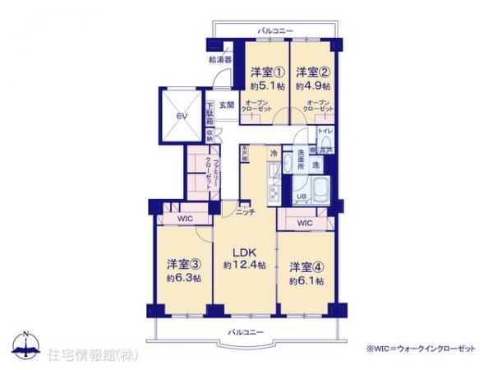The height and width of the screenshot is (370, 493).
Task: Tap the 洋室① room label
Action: click(x=266, y=72)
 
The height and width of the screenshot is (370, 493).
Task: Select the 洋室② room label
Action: click(x=312, y=72)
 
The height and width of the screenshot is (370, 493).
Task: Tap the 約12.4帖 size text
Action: click(x=244, y=265)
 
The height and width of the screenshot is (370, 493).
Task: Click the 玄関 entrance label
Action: click(x=227, y=105)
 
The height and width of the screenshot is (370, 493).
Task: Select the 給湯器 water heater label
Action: click(x=219, y=59)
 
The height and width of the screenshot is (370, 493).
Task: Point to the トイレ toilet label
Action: click(x=325, y=131)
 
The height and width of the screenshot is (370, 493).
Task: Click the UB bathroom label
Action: click(x=301, y=196)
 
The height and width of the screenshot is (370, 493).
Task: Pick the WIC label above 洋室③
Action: click(x=185, y=220)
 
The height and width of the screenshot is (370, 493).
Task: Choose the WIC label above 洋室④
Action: click(x=305, y=223)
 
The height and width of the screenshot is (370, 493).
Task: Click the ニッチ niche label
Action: click(x=244, y=212)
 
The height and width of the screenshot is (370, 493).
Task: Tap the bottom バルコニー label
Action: click(x=246, y=332)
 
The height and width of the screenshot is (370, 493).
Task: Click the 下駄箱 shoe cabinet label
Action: click(x=210, y=110)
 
